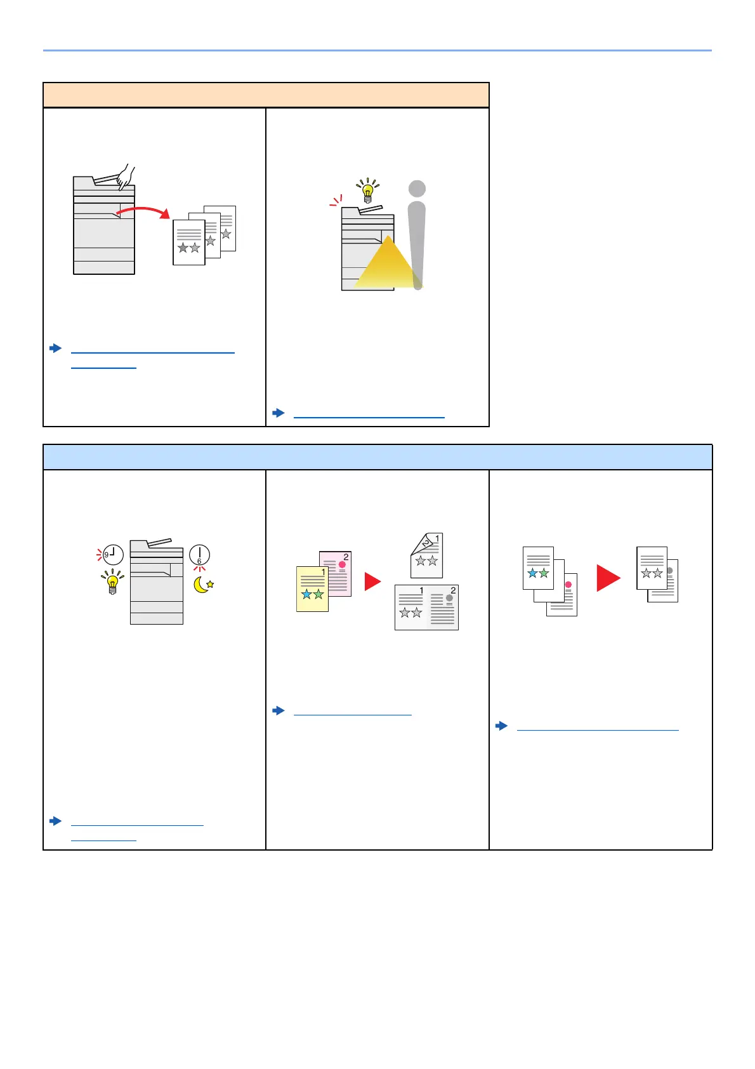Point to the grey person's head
click(x=417, y=189)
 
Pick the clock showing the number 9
click(x=112, y=555)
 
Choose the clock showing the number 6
click(x=199, y=555)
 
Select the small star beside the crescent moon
click(x=211, y=584)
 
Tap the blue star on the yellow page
click(x=307, y=594)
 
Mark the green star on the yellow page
click(x=318, y=594)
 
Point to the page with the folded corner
click(x=426, y=555)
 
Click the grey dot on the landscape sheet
click(x=450, y=598)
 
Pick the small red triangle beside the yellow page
click(x=372, y=581)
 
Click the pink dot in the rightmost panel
click(x=568, y=585)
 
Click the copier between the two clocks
click(x=156, y=582)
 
